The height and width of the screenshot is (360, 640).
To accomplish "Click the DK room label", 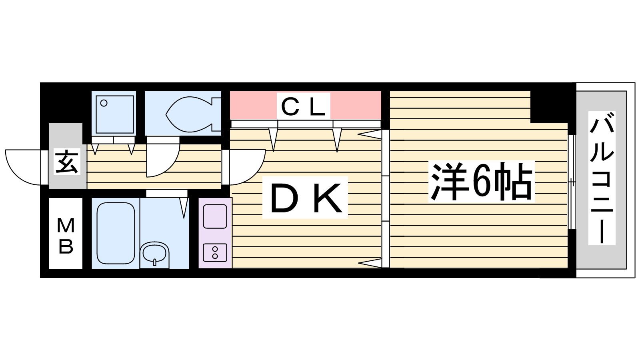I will (x=305, y=198).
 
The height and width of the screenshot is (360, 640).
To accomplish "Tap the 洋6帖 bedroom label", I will (x=482, y=182).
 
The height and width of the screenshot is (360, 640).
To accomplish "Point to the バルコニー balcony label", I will (x=602, y=178).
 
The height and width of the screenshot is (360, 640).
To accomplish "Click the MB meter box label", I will (x=66, y=236).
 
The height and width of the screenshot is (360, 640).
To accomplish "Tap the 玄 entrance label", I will (x=67, y=162).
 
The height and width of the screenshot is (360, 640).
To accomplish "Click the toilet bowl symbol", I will (x=188, y=113).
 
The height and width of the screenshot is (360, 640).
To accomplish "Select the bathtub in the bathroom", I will (x=116, y=233).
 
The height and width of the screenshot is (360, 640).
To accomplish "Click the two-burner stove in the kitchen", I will (x=215, y=252).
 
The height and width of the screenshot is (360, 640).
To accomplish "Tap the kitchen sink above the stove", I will (x=215, y=216).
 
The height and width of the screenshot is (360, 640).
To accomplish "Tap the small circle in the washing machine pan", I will (x=104, y=103).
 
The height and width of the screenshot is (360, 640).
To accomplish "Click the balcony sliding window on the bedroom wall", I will (x=572, y=182).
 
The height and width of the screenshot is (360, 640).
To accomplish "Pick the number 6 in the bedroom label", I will (x=482, y=182).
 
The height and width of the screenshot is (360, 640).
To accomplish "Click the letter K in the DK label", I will (x=327, y=198).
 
